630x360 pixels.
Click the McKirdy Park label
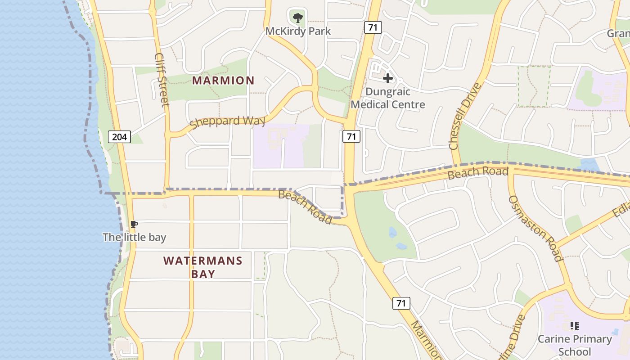click(298, 31)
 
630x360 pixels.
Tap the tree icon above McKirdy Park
click(297, 18)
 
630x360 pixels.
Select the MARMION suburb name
click(223, 81)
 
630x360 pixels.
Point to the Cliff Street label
click(162, 80)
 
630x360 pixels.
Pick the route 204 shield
click(119, 136)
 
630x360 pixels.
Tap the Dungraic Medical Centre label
click(387, 98)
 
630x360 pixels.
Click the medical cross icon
click(387, 79)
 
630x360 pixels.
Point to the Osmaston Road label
click(535, 228)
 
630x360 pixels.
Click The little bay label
click(134, 237)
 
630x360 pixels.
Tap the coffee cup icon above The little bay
click(134, 224)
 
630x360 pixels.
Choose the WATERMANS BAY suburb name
click(203, 267)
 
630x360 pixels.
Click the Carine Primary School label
click(575, 345)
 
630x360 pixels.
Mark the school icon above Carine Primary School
click(574, 325)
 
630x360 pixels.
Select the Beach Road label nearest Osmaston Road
click(478, 172)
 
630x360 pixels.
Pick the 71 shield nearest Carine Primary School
click(401, 303)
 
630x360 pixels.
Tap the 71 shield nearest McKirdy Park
click(372, 27)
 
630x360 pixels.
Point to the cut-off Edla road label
click(621, 207)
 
